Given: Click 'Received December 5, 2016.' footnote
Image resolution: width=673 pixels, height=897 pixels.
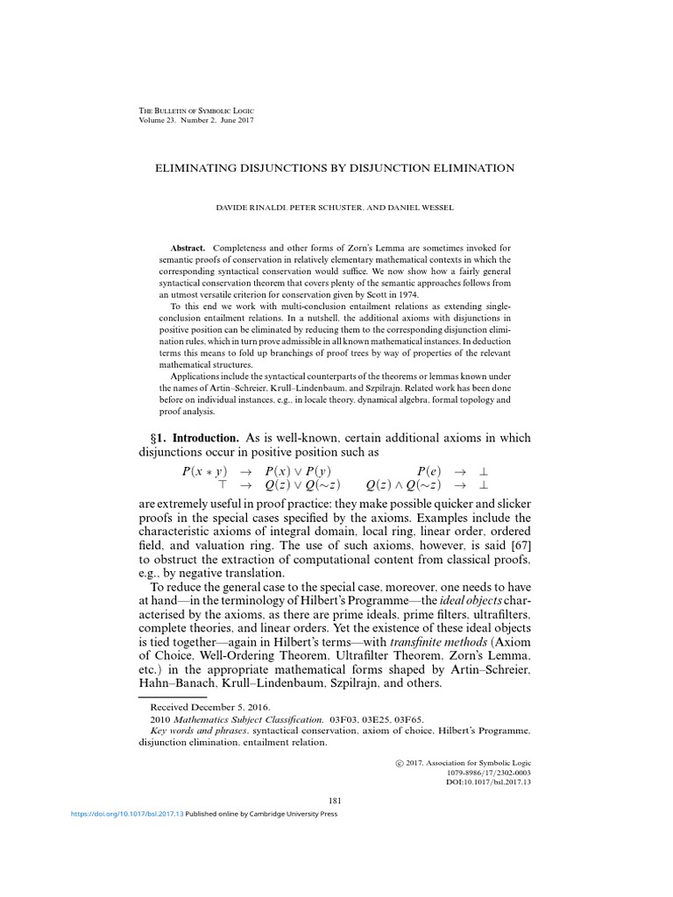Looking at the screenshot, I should (210, 705).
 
